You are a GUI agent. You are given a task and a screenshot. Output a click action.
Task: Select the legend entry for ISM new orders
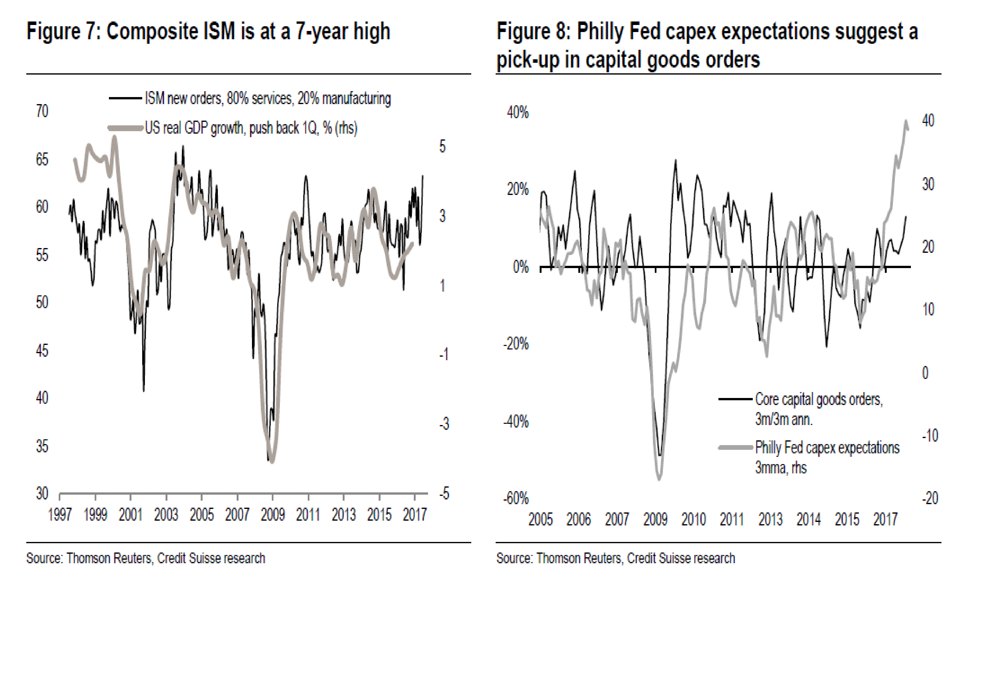267,99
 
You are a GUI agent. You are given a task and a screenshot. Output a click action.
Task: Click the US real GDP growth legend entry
251,128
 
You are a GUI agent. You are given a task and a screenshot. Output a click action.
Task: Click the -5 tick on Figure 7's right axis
444,493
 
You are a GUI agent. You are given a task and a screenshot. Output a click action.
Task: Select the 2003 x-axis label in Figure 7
166,515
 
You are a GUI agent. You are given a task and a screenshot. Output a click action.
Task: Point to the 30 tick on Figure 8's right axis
928,184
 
